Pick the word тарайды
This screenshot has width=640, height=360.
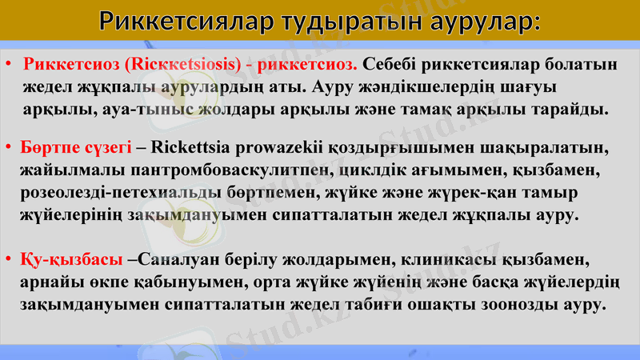569,107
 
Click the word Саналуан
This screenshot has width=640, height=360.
186,261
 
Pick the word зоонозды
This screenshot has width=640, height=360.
520,305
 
